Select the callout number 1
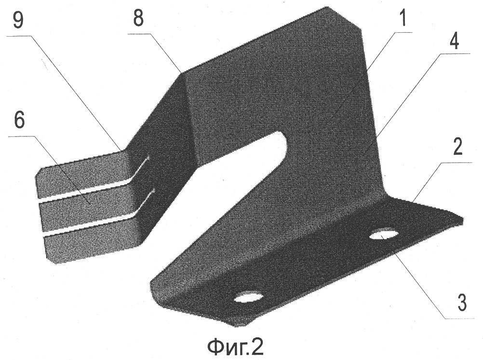click(x=402, y=18)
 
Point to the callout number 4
click(x=455, y=40)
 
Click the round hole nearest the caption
click(x=249, y=296)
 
